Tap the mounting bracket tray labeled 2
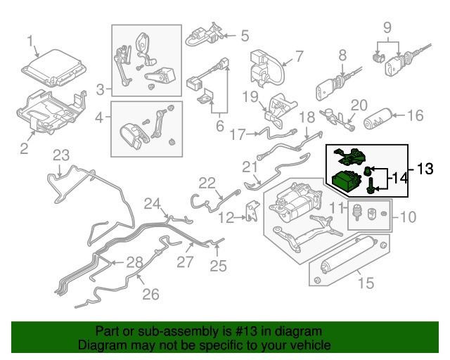pyautogui.click(x=53, y=112)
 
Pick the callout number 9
pyautogui.click(x=386, y=28)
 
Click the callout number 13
pyautogui.click(x=426, y=169)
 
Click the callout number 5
pyautogui.click(x=244, y=34)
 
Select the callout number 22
pyautogui.click(x=206, y=183)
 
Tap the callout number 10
pyautogui.click(x=408, y=217)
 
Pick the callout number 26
pyautogui.click(x=150, y=295)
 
